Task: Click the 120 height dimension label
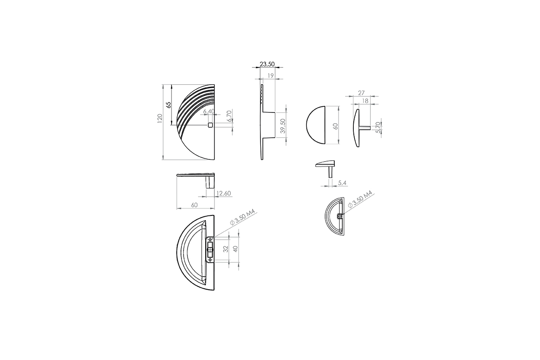click(x=160, y=119)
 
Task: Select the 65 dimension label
click(x=168, y=105)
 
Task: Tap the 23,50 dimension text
click(x=267, y=64)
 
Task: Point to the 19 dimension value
click(x=271, y=76)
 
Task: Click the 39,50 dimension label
click(x=283, y=126)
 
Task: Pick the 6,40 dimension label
click(x=209, y=112)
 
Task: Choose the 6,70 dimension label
click(x=229, y=116)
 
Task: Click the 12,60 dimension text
click(x=224, y=193)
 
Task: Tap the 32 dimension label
click(x=226, y=249)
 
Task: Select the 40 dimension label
click(x=236, y=249)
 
